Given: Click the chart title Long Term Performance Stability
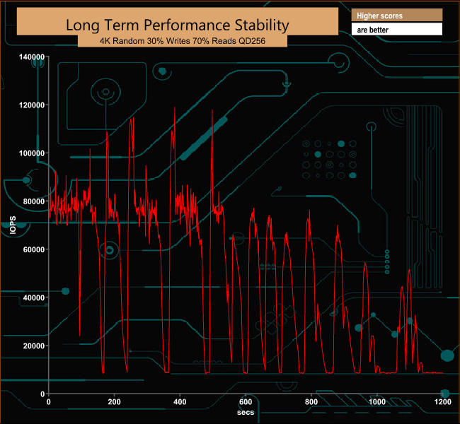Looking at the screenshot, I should tap(177, 24).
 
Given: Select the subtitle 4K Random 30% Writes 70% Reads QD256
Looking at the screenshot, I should tap(183, 42).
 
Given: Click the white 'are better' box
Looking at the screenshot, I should tap(396, 30).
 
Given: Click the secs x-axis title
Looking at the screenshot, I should tap(246, 411).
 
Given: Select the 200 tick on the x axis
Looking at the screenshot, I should tap(114, 402).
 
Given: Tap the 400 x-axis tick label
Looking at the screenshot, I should tap(180, 402).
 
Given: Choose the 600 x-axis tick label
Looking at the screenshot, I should tap(246, 402).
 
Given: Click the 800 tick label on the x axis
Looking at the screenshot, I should tap(311, 402).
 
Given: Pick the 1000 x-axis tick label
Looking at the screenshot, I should tap(377, 402).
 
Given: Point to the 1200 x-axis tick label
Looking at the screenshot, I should tap(443, 402).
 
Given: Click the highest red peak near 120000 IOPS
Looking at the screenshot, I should tap(174, 107).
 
